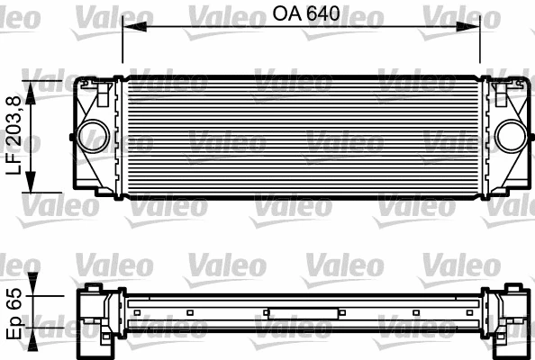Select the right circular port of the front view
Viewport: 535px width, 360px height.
coord(509,136)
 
